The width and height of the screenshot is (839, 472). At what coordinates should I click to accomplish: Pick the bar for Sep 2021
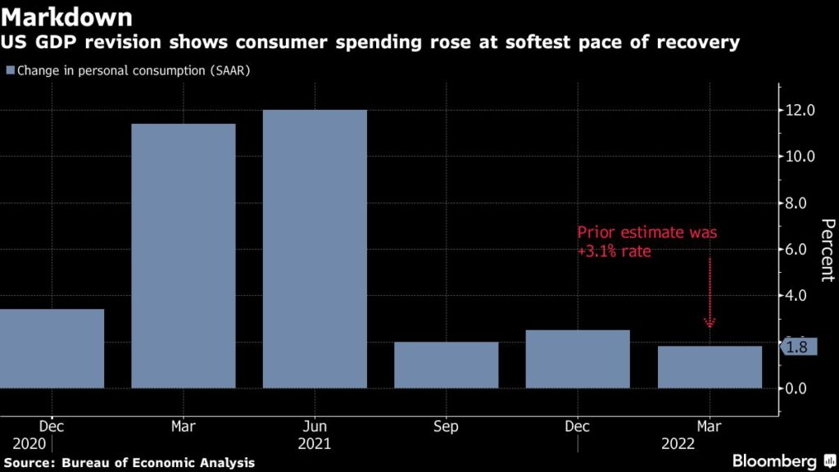446,365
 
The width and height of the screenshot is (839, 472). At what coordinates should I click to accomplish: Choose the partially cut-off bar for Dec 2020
52,348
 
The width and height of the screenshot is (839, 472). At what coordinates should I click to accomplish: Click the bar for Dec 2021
578,359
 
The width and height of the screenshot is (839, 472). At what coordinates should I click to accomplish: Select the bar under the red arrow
710,367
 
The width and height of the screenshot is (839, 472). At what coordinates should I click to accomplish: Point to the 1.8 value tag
796,347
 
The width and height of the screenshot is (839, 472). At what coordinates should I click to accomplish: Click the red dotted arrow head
710,323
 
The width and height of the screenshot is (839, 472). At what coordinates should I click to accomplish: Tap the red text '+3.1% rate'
615,252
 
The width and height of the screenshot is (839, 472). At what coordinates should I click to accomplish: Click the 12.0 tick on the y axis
800,111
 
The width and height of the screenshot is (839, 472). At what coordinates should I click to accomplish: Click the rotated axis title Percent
828,250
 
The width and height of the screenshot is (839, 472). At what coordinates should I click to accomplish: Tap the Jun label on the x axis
315,427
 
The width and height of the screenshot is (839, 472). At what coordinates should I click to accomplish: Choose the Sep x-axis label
446,427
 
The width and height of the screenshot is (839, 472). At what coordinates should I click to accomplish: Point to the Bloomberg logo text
775,461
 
